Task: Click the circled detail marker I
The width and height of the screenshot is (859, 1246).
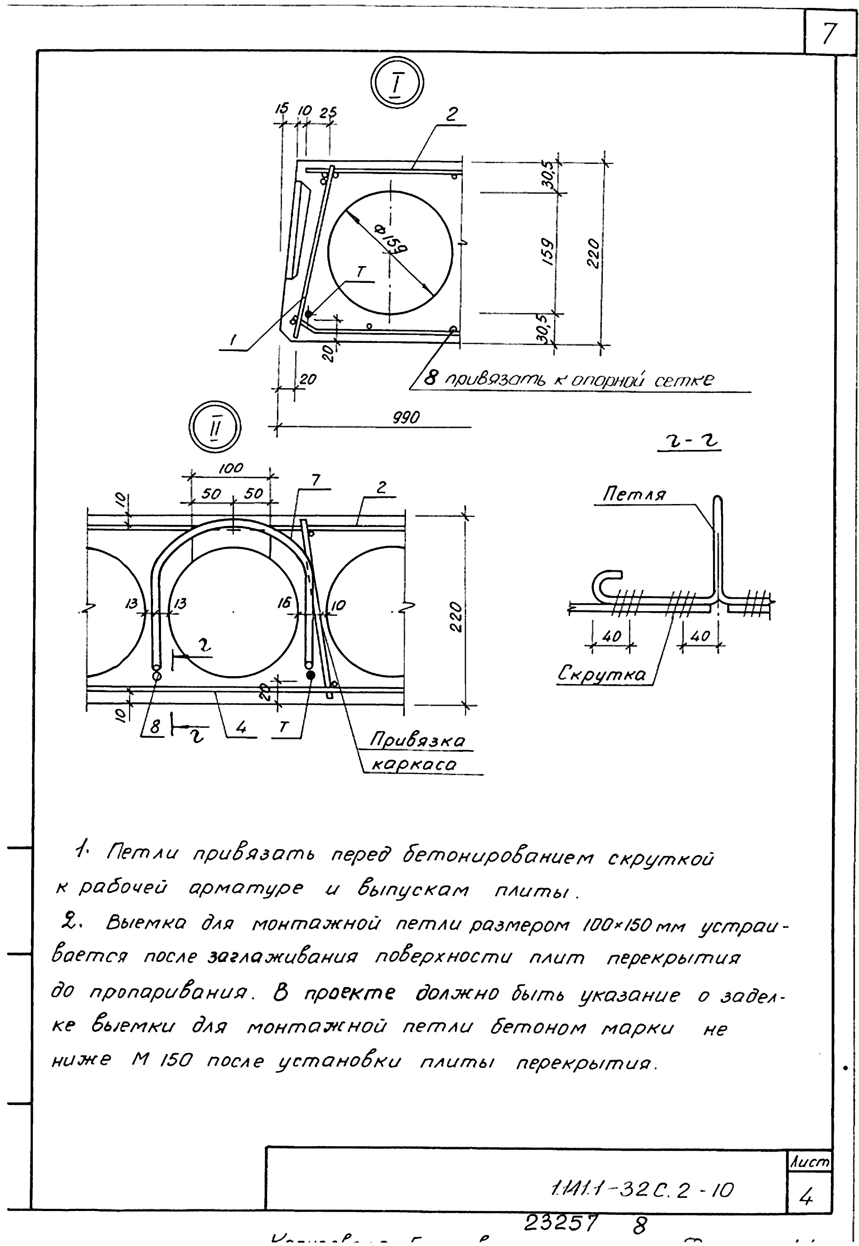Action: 397,84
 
